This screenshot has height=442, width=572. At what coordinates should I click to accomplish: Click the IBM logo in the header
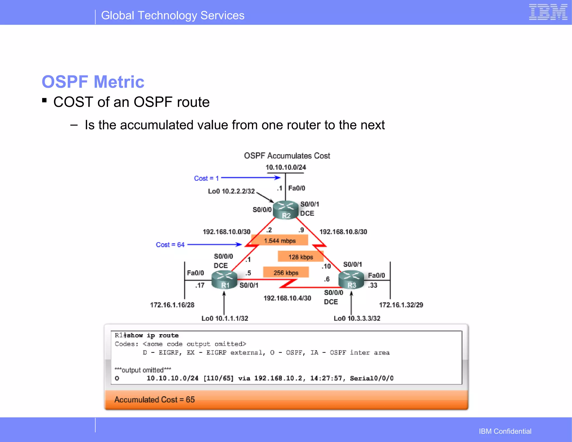(548, 12)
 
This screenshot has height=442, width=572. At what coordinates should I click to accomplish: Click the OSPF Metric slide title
(93, 82)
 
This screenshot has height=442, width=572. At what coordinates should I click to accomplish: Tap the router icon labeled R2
(285, 210)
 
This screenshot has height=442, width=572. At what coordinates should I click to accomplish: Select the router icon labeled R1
(224, 280)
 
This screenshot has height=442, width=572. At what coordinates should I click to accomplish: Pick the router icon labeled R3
(351, 280)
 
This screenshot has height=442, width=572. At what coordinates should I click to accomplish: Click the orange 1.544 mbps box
(280, 241)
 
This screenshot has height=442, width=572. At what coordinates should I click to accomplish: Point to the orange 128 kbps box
(301, 257)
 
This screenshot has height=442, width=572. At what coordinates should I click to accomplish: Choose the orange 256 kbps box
(286, 273)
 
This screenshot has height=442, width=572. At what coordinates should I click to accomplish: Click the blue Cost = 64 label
(170, 245)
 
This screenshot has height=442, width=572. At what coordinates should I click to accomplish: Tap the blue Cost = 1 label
(206, 178)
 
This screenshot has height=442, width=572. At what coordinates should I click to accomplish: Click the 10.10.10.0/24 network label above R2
(286, 167)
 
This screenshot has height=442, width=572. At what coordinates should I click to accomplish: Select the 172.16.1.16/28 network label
(172, 305)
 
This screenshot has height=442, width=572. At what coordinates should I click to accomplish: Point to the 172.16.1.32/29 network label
(401, 305)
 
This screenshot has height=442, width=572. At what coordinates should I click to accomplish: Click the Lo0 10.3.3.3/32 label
(357, 318)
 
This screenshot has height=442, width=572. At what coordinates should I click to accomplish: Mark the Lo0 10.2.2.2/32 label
(231, 191)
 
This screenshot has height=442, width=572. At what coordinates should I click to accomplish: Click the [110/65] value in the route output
(218, 378)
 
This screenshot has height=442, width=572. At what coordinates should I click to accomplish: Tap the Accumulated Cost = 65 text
(154, 400)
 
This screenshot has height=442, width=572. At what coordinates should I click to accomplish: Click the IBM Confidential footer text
(505, 431)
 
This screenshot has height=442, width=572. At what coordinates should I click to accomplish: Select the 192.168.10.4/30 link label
(287, 298)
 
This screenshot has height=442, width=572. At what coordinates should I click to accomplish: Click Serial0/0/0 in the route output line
(371, 378)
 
